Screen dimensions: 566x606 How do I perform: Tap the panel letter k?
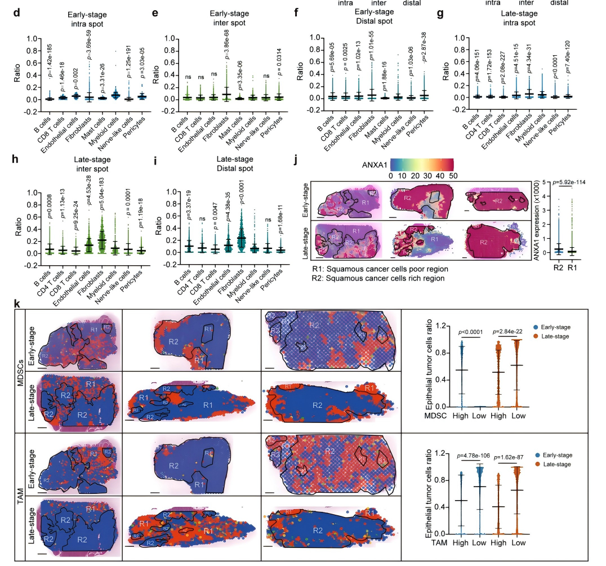(17, 305)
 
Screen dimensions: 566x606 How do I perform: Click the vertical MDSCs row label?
(20, 372)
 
